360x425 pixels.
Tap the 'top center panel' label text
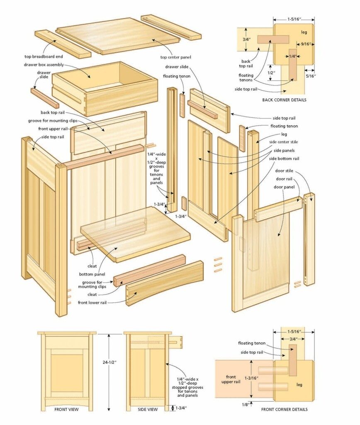[x=175, y=57]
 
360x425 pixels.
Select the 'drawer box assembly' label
[x=44, y=65]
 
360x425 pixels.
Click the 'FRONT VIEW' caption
[x=67, y=409]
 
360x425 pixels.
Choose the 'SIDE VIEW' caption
[x=148, y=409]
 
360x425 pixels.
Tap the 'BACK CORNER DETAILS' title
[x=284, y=100]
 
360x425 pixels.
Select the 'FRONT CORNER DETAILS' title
[x=284, y=409]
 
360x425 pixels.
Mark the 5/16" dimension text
[x=310, y=76]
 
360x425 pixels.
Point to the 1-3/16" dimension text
[x=251, y=378]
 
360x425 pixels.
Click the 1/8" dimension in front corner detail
[x=246, y=404]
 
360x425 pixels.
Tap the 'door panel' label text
[x=284, y=187]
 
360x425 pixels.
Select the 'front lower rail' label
[x=92, y=303]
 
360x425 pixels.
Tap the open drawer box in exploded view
[x=105, y=87]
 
